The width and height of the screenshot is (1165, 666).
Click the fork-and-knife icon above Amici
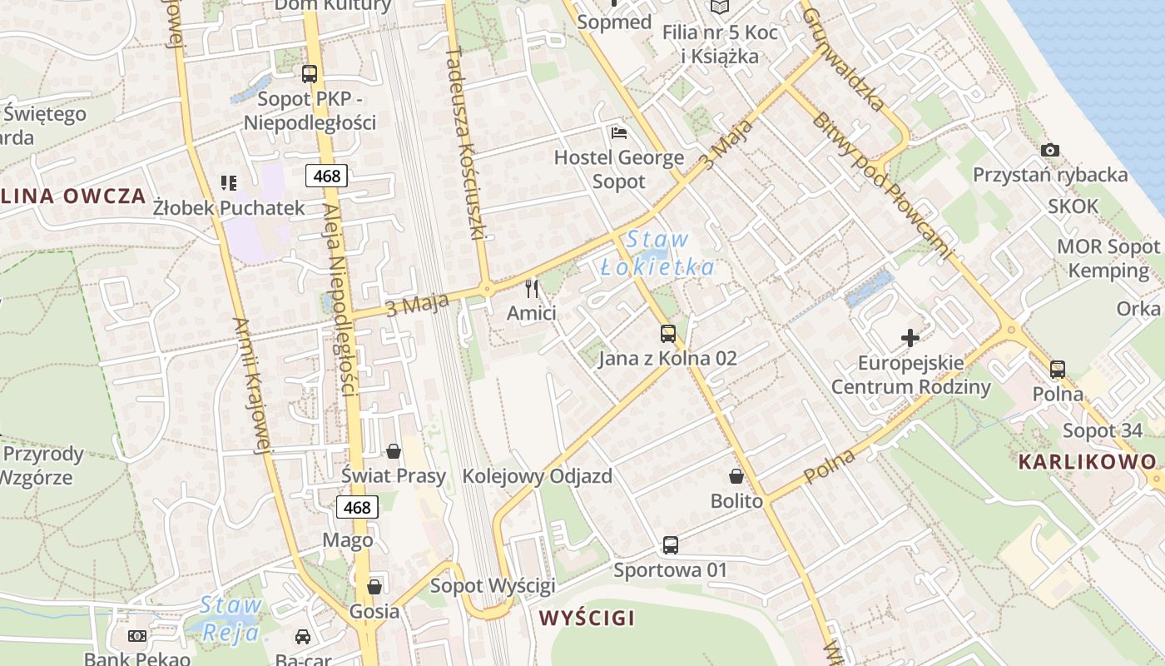point(533,289)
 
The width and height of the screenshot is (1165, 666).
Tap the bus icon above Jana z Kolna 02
point(667,334)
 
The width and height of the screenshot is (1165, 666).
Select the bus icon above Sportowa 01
point(670,545)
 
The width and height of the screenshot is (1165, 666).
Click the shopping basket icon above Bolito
point(736,476)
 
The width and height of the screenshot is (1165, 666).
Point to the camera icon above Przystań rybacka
point(1050,151)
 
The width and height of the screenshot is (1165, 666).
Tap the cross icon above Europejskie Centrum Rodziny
point(910,338)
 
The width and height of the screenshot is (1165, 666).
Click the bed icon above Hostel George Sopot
point(618,132)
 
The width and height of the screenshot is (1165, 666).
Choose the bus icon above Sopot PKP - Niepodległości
point(310,74)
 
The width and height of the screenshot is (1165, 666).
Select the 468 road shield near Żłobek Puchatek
point(326,176)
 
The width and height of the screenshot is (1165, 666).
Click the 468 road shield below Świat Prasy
point(357,507)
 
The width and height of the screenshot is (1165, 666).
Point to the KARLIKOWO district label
point(1088,462)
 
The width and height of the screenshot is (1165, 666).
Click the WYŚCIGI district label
point(587,618)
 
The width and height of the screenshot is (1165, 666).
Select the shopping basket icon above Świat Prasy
point(394,451)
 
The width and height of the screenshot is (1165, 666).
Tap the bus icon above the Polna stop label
point(1057,369)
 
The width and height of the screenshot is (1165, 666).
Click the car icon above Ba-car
point(303,637)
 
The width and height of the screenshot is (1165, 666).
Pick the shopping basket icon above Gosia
point(374,587)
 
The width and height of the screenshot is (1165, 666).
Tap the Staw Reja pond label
point(231,619)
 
